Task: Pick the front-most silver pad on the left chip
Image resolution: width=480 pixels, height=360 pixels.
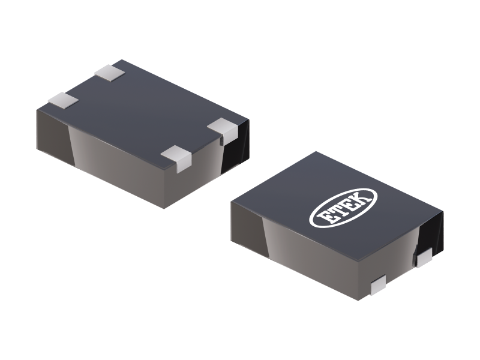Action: click(x=176, y=157)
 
